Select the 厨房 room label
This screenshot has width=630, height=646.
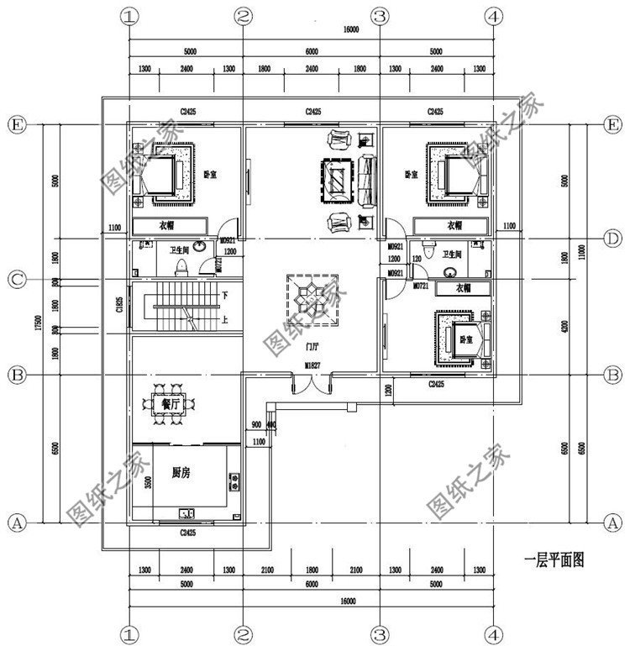click(x=180, y=472)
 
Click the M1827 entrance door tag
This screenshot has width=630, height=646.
click(x=312, y=365)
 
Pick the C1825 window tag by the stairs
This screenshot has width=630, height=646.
click(x=118, y=307)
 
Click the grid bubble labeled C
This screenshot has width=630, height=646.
click(x=14, y=278)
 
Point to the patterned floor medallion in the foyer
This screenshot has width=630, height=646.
click(x=312, y=301)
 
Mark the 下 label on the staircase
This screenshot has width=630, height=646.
click(x=225, y=296)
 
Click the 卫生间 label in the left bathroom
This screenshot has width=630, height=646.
click(x=179, y=249)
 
